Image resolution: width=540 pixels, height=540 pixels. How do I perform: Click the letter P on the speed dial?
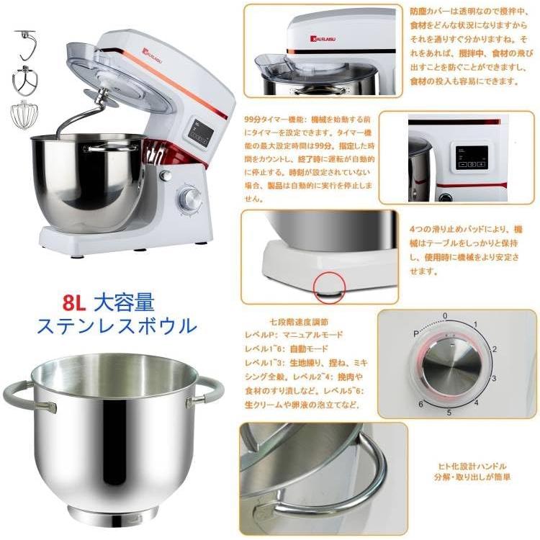point(416,333)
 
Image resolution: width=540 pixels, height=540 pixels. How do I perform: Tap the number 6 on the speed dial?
point(420,405)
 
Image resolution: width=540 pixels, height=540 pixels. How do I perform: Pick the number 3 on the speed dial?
point(493,377)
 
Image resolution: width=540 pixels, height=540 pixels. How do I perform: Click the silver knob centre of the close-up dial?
point(446,365)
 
